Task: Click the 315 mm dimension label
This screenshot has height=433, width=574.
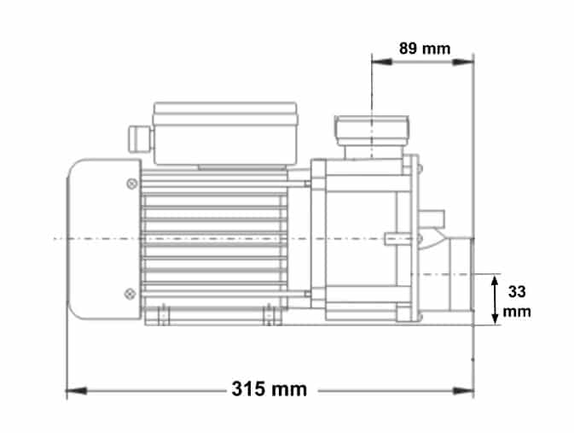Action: [269, 389]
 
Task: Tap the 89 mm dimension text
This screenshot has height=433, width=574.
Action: [425, 49]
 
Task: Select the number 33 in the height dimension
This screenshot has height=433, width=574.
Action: [517, 292]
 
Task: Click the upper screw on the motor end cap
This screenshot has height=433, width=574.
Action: [132, 184]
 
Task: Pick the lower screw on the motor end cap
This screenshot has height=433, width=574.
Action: [130, 294]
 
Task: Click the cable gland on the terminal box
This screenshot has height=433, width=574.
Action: [140, 138]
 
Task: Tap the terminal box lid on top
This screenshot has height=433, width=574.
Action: [225, 114]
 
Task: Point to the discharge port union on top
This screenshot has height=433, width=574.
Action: [372, 131]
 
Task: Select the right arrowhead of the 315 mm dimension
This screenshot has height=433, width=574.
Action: [463, 391]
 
